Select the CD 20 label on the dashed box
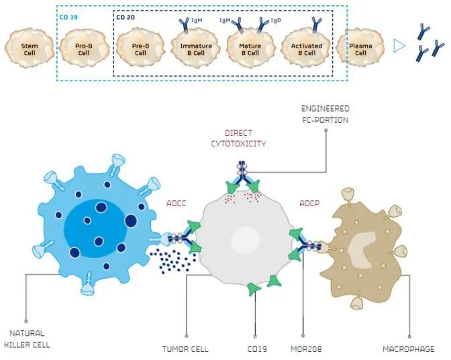tap(126, 17)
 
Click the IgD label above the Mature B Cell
tap(276, 21)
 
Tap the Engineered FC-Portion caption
tap(325, 114)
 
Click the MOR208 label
tap(305, 349)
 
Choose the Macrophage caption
tap(408, 349)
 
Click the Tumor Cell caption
tap(185, 349)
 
